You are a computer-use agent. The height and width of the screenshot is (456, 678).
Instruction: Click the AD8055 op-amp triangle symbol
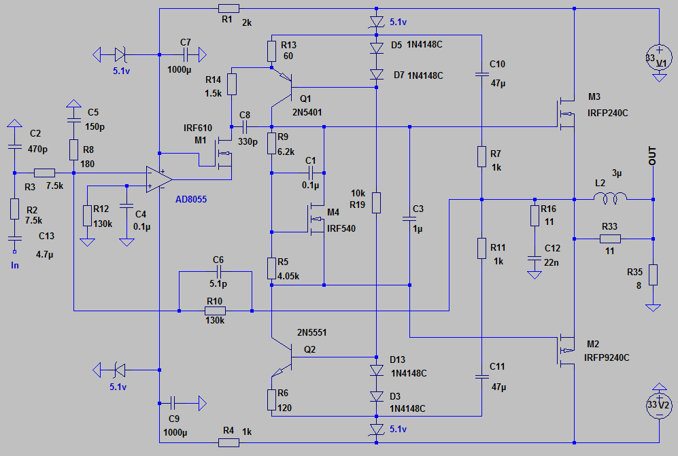pos(158,179)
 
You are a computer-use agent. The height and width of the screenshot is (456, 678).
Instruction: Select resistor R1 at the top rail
pos(228,8)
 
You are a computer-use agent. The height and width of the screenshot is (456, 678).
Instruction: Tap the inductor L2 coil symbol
pos(610,198)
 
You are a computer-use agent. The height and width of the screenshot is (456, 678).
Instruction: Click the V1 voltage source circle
pos(659,58)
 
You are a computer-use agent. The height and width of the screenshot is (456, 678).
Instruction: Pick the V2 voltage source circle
pos(659,406)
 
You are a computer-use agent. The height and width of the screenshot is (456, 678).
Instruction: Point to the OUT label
pos(652,156)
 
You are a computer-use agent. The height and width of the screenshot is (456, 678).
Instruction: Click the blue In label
pos(15,266)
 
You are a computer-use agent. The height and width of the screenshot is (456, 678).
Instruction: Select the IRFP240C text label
pos(607,113)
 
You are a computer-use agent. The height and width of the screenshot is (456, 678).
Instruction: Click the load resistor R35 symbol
pos(653,275)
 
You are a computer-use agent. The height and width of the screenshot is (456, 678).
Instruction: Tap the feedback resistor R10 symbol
pos(215,311)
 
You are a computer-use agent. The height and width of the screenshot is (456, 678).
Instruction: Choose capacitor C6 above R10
pos(218,272)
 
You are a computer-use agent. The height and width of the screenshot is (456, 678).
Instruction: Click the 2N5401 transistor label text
pos(307,112)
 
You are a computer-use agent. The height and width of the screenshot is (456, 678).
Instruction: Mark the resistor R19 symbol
pos(377,203)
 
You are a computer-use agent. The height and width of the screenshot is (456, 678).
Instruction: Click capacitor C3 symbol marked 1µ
pos(409,219)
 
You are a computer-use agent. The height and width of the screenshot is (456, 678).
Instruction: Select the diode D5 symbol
pos(377,48)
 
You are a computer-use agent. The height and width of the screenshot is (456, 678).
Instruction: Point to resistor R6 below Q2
pos(271,400)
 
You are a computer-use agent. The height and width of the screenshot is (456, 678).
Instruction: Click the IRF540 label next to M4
pos(341,228)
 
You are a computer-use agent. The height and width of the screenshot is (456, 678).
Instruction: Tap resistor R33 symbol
pos(610,239)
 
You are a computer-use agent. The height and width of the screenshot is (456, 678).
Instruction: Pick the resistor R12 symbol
pos(87,216)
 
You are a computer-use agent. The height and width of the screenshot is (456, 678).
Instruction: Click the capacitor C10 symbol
pos(481,74)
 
